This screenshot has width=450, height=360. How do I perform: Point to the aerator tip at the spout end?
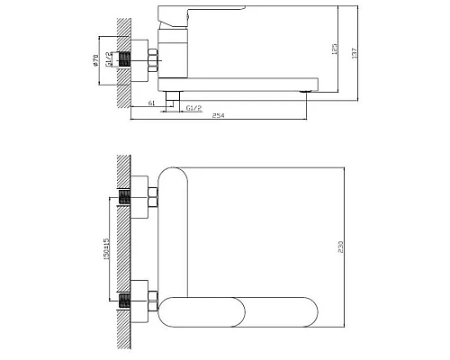click(x=308, y=91)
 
